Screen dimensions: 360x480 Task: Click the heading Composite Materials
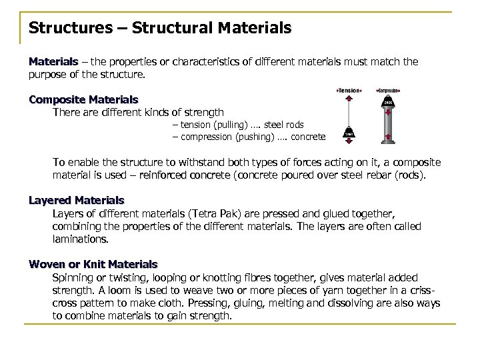click(x=83, y=99)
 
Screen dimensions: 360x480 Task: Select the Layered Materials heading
click(x=76, y=199)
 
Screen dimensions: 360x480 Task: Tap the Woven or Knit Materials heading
click(x=93, y=264)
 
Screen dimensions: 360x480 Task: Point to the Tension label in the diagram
click(x=349, y=90)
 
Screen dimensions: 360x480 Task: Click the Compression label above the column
click(x=387, y=90)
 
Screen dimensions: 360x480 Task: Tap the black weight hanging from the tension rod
click(x=349, y=134)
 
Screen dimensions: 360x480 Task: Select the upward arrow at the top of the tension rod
click(x=349, y=97)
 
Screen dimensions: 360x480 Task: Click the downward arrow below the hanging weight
click(x=349, y=141)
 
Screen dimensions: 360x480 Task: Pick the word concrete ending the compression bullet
click(x=309, y=137)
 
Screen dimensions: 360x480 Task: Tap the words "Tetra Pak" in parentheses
click(x=211, y=213)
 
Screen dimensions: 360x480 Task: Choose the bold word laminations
click(x=79, y=238)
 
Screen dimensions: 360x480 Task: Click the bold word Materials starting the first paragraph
click(x=53, y=62)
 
